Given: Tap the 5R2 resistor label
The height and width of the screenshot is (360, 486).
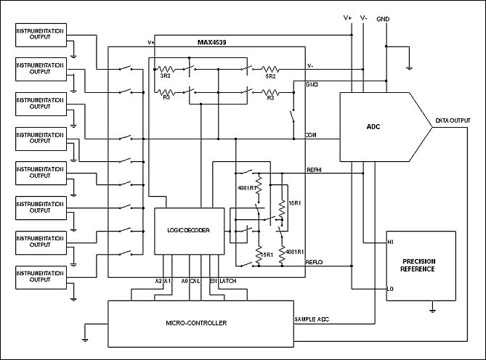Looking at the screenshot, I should point(270,75).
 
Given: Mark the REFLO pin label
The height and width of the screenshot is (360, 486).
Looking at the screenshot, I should point(315,261).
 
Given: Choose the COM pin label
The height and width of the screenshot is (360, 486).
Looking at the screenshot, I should point(310,135).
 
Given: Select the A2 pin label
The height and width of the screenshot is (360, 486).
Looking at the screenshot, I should point(159,281).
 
